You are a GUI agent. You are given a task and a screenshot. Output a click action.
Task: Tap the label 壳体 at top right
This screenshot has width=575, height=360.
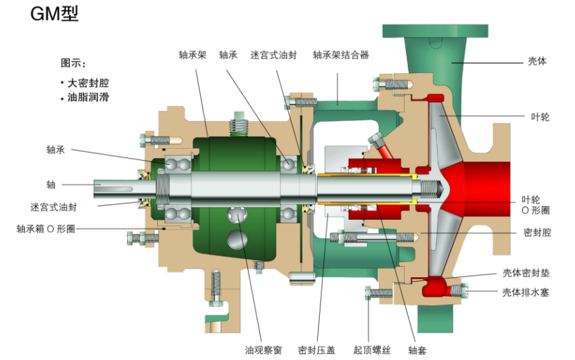pyautogui.click(x=537, y=61)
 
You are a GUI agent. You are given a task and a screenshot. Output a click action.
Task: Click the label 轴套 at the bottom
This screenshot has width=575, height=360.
pyautogui.click(x=418, y=350)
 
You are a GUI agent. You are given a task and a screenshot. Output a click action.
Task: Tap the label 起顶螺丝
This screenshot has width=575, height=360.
pyautogui.click(x=372, y=350)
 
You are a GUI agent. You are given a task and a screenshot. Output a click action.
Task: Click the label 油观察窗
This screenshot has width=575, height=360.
pyautogui.click(x=263, y=350)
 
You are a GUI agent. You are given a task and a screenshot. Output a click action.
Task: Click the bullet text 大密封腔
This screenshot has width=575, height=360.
pyautogui.click(x=88, y=84)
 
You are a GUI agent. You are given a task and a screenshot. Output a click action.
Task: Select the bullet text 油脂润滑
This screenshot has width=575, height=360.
pyautogui.click(x=88, y=98)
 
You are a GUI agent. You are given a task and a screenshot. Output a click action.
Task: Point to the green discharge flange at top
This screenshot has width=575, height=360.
pyautogui.click(x=436, y=30)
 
